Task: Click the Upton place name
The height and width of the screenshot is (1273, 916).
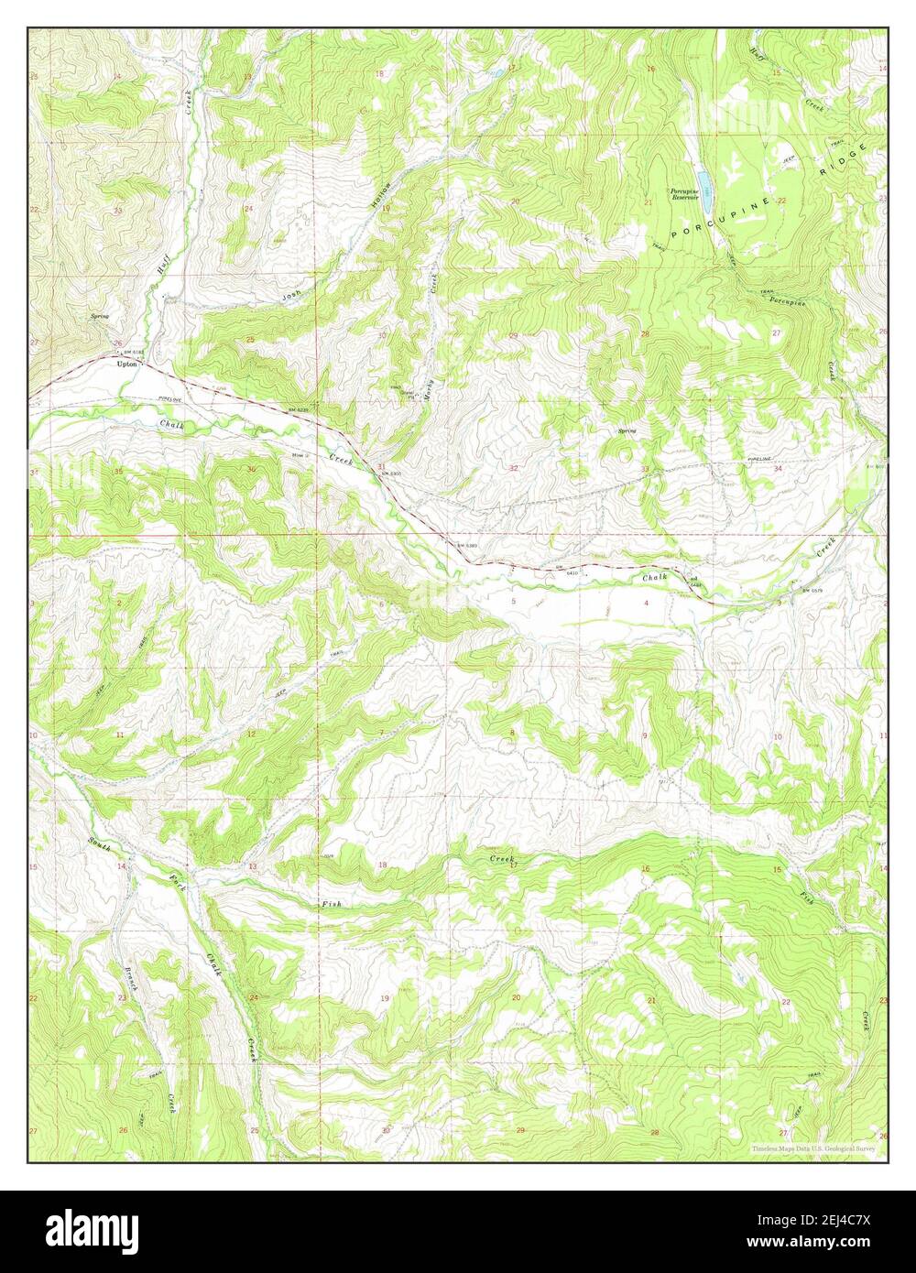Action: [126, 364]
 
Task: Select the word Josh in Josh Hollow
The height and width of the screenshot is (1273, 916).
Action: [290, 295]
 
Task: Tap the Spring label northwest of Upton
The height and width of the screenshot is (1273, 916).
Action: [100, 317]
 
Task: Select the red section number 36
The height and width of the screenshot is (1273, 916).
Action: [251, 470]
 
